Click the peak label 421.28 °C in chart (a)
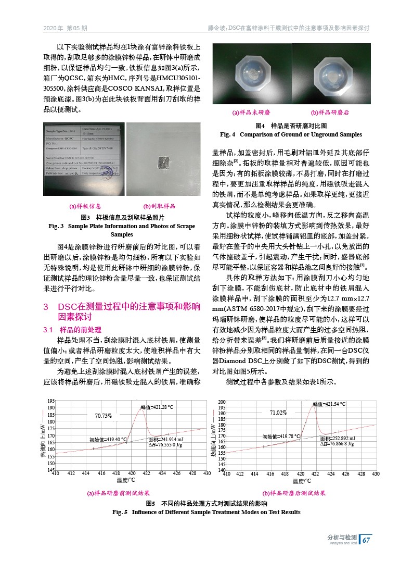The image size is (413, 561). pyautogui.click(x=157, y=407)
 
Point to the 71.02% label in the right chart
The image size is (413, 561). pyautogui.click(x=278, y=413)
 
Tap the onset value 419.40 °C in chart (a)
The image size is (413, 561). pyautogui.click(x=108, y=440)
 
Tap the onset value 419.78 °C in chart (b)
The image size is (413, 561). pyautogui.click(x=281, y=437)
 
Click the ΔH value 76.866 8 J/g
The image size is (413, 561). pyautogui.click(x=337, y=443)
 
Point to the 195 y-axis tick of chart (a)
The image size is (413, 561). pyautogui.click(x=51, y=401)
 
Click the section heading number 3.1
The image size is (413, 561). pyautogui.click(x=48, y=330)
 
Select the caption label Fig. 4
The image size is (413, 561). pyautogui.click(x=228, y=135)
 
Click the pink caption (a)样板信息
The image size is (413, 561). pyautogui.click(x=78, y=206)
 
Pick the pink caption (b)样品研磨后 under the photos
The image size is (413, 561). pyautogui.click(x=330, y=113)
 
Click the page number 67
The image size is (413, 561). pyautogui.click(x=366, y=540)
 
